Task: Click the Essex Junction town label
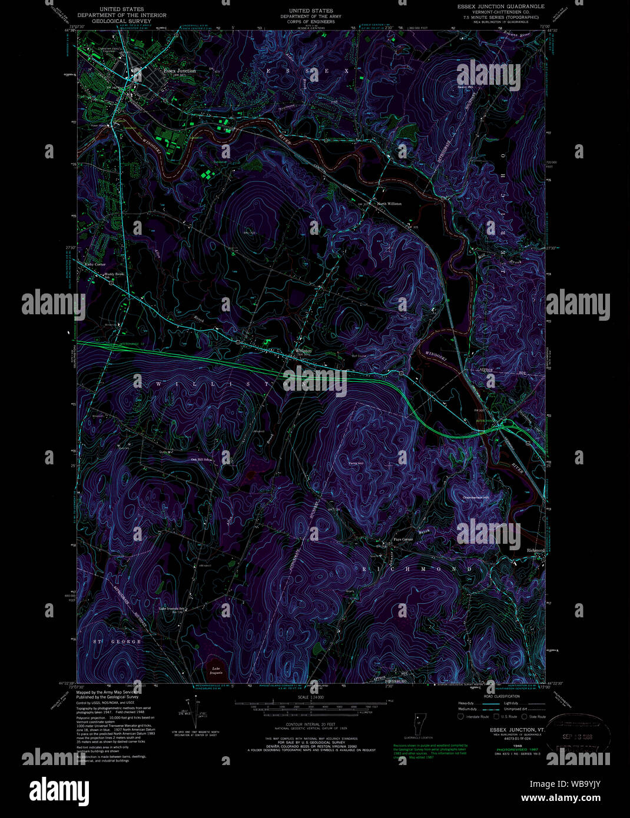(180, 71)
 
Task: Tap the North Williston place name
(389, 204)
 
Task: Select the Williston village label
(303, 351)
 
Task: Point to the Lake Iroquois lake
(216, 670)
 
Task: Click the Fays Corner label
(403, 539)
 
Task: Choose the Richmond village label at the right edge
(536, 550)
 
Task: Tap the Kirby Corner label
(95, 265)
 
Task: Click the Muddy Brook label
(114, 274)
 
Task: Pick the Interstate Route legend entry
(476, 717)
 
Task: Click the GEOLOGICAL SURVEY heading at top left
(121, 21)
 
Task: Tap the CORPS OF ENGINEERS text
(311, 22)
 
